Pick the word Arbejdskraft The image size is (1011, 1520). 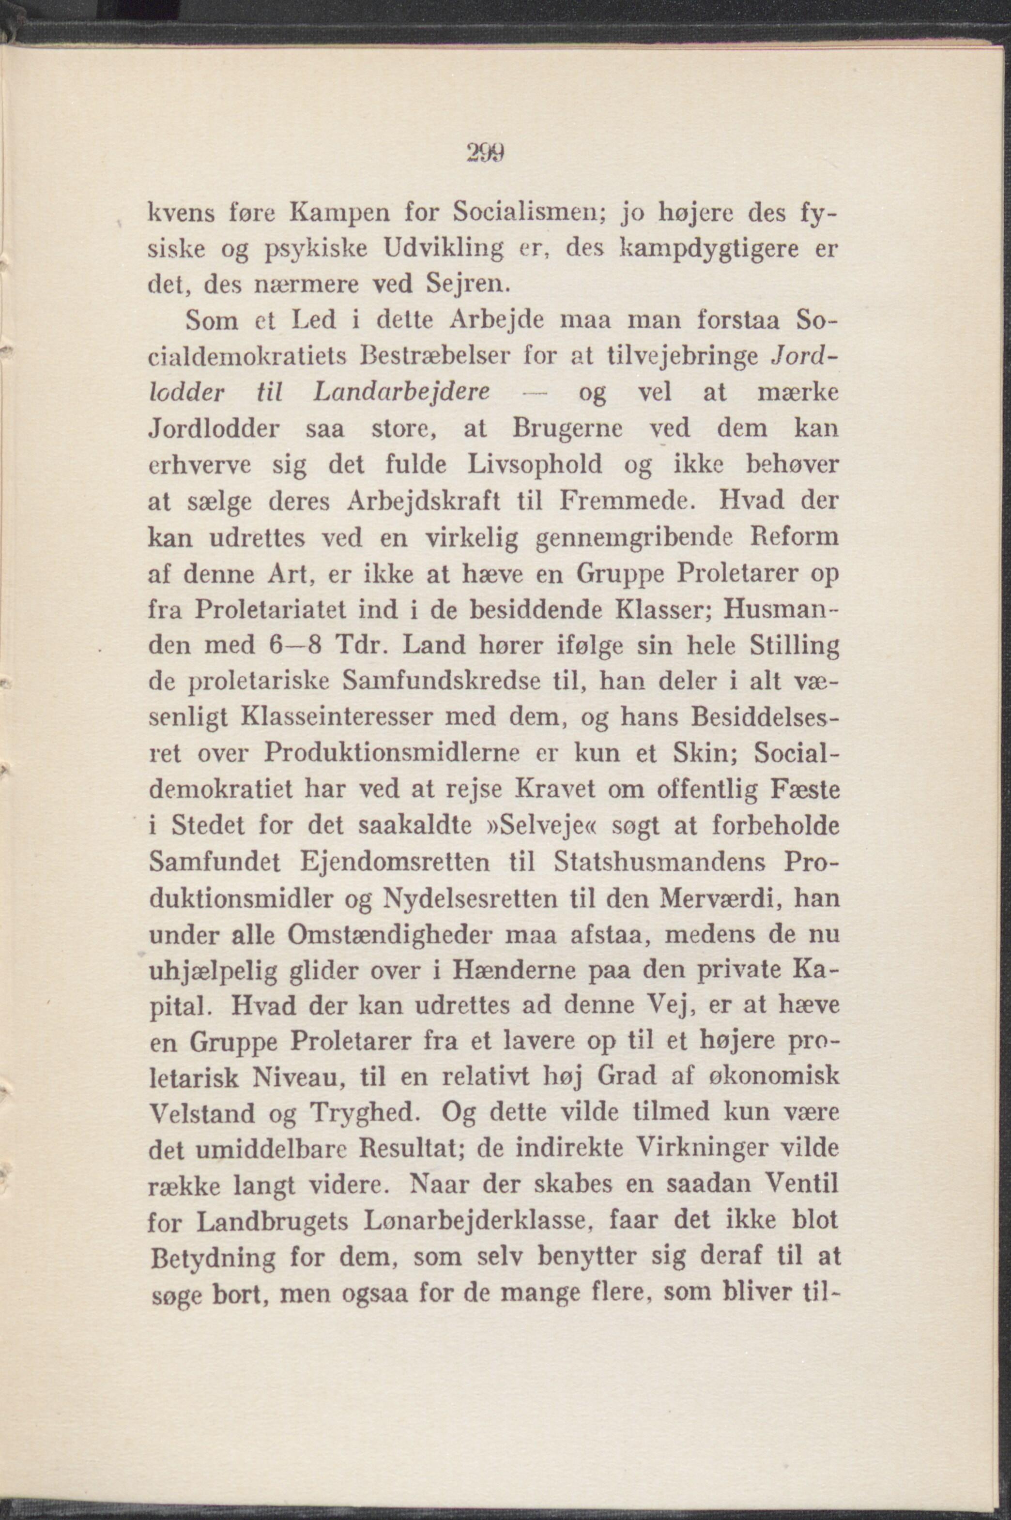pos(426,501)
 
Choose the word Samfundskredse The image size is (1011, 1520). pos(439,682)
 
